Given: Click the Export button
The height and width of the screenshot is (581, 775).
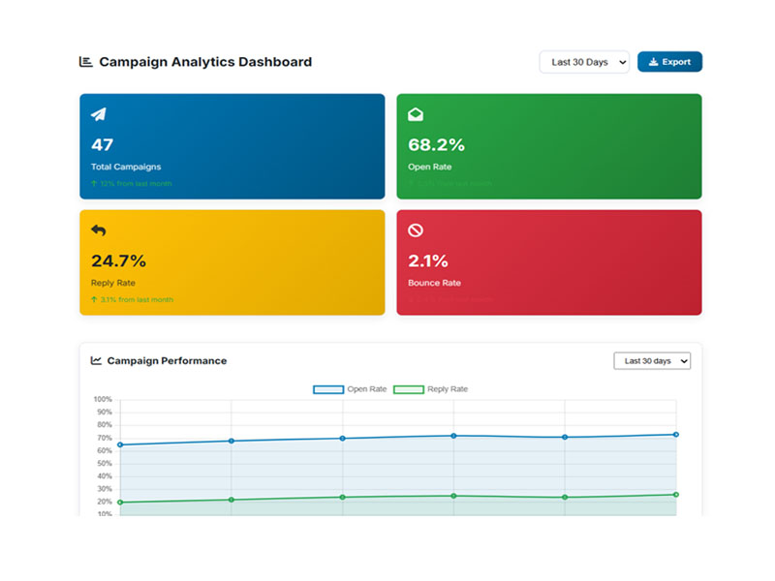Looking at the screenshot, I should [x=669, y=62].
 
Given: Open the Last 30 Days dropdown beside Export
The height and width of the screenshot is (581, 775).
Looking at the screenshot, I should [x=584, y=62].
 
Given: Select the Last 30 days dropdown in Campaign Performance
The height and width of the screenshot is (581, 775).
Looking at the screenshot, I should [x=652, y=361].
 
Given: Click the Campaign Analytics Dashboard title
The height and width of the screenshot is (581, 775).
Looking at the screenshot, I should [x=205, y=62].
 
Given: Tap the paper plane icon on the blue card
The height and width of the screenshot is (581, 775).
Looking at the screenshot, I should [x=99, y=114].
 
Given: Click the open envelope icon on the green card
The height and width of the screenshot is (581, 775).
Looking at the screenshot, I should [x=416, y=114].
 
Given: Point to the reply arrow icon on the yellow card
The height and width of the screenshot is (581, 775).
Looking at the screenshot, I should [x=99, y=230].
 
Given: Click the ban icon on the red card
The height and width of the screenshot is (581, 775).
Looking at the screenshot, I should [x=416, y=230].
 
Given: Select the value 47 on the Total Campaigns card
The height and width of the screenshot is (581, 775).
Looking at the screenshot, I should [x=102, y=144].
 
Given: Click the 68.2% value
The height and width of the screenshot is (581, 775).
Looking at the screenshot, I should [x=436, y=144].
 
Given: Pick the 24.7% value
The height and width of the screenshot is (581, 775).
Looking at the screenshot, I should [x=118, y=260].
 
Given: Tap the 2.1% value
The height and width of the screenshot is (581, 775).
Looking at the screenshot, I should [x=428, y=260].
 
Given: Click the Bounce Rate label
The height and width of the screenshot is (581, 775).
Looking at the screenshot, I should [x=435, y=283].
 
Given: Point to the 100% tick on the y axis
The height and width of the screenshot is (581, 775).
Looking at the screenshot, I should [x=103, y=399].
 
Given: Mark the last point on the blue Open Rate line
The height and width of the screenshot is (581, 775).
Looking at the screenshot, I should [x=676, y=435].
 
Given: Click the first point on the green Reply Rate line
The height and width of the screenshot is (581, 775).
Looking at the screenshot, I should [x=120, y=503].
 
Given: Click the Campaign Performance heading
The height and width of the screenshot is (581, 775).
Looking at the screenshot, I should [x=167, y=361].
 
